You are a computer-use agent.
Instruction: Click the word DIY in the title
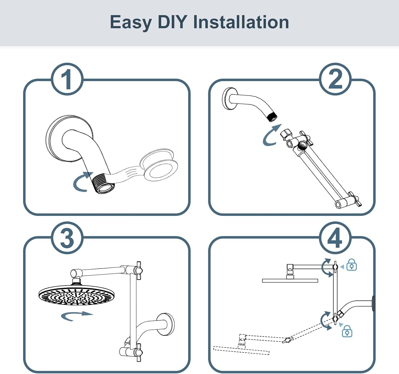point(173,22)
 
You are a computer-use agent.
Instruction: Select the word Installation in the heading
point(241,22)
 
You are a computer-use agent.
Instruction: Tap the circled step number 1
point(67,79)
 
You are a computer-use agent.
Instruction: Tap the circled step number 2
point(335,79)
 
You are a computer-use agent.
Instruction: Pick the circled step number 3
point(67,238)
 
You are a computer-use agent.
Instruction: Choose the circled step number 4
point(335,238)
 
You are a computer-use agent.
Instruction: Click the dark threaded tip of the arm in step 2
point(273,117)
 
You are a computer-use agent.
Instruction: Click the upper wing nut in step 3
point(139,270)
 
